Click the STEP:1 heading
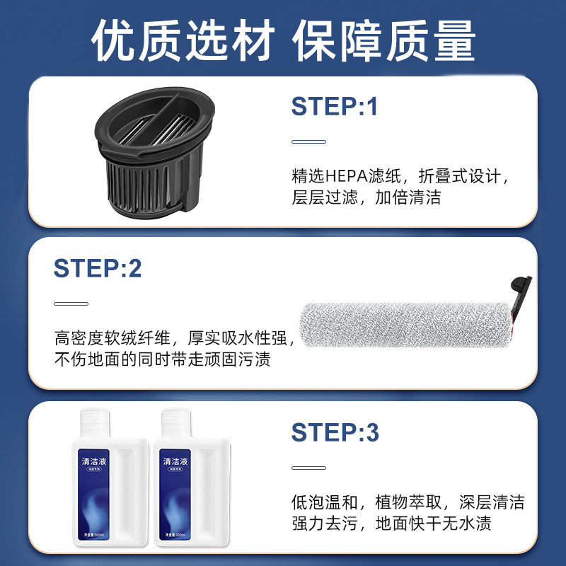click(335, 106)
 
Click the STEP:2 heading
click(98, 268)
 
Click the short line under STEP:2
click(71, 304)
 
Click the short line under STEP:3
click(308, 467)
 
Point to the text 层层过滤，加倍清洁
click(366, 197)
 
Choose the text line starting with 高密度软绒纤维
click(173, 338)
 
